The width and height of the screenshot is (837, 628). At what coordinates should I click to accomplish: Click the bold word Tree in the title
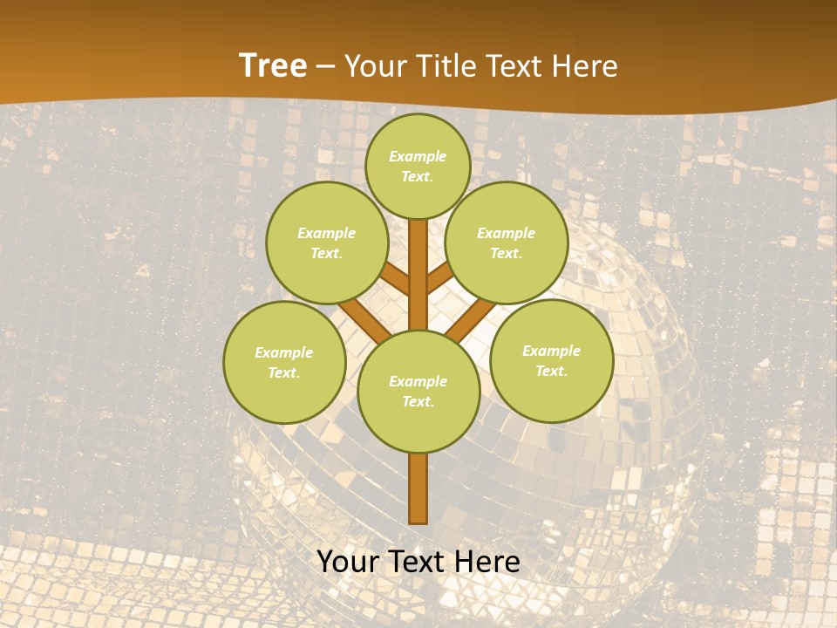(273, 65)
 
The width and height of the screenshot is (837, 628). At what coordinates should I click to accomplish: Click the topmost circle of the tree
(418, 166)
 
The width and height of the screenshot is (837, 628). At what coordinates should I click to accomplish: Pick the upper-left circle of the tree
(327, 242)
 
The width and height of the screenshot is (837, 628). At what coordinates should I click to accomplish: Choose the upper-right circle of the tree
(507, 242)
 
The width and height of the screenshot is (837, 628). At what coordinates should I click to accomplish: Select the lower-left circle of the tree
(284, 362)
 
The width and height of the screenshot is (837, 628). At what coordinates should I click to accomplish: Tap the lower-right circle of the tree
(552, 360)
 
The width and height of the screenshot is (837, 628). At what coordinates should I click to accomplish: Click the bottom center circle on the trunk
(418, 391)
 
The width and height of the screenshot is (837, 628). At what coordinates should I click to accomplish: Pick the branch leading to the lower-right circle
(471, 318)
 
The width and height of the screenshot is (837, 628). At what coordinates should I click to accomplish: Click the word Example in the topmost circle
(418, 156)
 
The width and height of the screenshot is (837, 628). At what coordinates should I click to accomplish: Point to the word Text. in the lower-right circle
(551, 371)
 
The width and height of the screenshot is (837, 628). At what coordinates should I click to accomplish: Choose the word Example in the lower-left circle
(283, 352)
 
